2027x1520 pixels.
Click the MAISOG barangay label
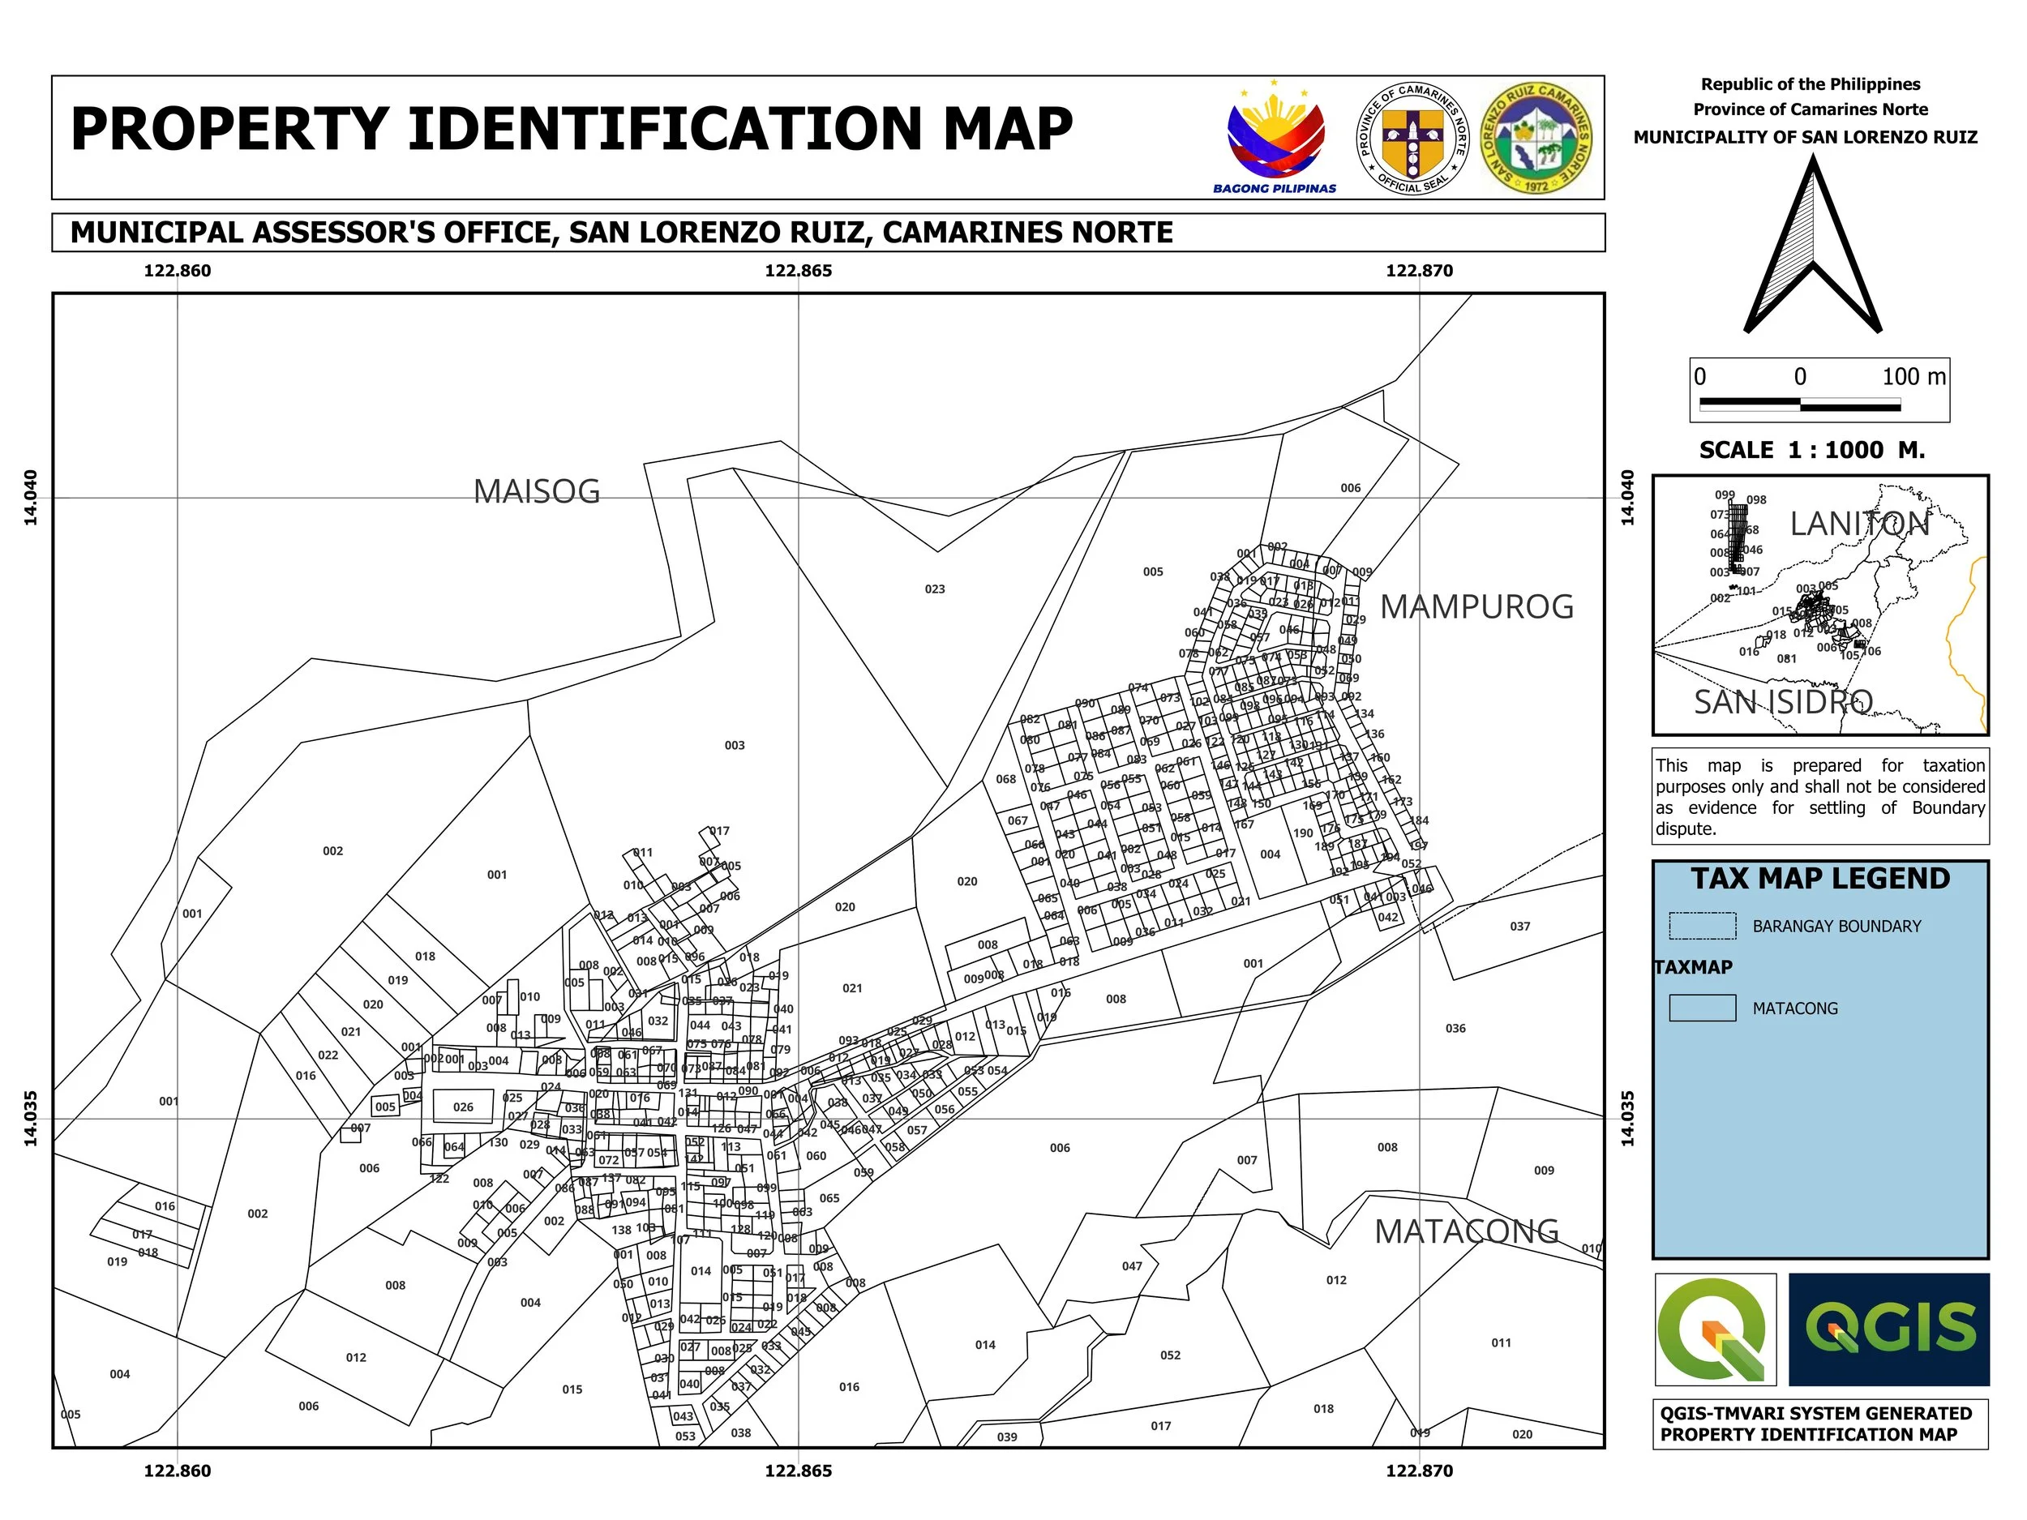pos(536,492)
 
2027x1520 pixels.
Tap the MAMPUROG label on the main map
pos(1476,606)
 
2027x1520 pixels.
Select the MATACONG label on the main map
pos(1466,1231)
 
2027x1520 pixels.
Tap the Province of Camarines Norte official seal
pos(1412,139)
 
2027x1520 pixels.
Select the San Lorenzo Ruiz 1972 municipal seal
pos(1536,139)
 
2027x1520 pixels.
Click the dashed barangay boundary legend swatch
pos(1702,927)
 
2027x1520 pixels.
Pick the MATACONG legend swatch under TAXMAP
pos(1702,1008)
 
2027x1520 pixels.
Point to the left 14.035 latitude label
pos(30,1118)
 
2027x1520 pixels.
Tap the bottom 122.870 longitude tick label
pos(1419,1471)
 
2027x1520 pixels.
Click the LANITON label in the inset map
pos(1859,524)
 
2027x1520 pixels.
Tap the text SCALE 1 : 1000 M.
pos(1811,451)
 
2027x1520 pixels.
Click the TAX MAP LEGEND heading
pos(1820,879)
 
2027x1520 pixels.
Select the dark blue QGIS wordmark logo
pos(1888,1329)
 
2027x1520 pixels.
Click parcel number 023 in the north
pos(934,589)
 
